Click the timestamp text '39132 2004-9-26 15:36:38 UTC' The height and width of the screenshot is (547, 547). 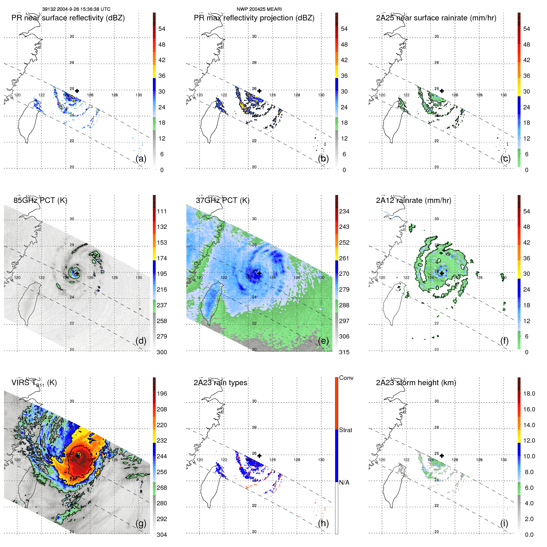point(76,9)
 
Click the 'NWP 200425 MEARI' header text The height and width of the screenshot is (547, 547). point(259,9)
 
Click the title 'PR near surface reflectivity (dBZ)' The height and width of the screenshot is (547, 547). point(68,18)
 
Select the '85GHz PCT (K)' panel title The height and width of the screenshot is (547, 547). point(40,200)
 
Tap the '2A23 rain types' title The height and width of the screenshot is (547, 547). point(220,383)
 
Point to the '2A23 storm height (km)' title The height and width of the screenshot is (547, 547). point(416,383)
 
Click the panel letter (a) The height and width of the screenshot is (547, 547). point(141,158)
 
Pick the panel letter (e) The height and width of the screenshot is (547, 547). point(323,341)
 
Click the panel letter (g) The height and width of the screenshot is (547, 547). point(141,523)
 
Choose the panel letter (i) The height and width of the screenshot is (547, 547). point(504,523)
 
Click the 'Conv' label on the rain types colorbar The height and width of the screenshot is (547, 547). point(346,378)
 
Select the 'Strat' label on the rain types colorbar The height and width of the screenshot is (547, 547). point(346,430)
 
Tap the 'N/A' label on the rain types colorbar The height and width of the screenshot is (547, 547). point(344,482)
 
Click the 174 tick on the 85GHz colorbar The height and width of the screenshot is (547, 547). point(162,258)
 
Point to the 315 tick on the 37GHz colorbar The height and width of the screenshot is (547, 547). point(344,352)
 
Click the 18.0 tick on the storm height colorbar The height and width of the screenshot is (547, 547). point(529,393)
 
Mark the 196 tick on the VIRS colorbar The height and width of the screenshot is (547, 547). point(162,393)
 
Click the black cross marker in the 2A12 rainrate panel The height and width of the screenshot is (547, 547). point(442,273)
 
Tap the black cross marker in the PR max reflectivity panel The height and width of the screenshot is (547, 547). point(259,91)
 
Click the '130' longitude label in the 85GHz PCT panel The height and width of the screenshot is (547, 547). point(139,277)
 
